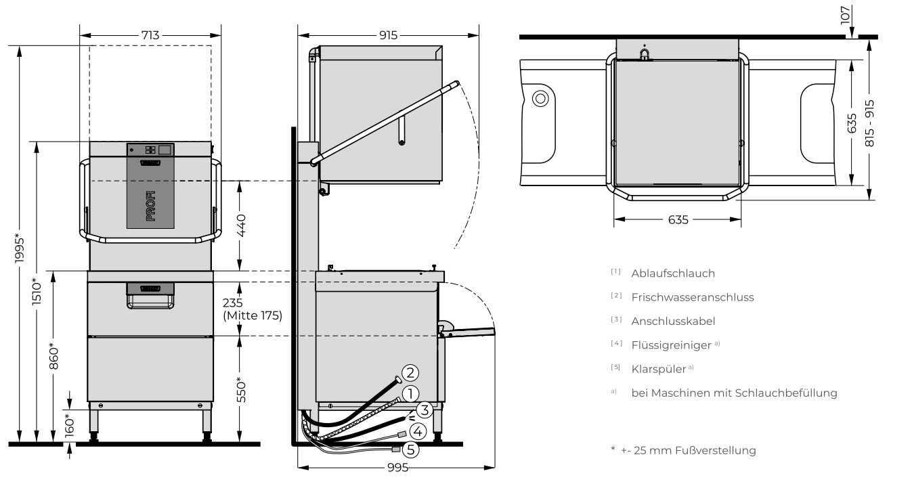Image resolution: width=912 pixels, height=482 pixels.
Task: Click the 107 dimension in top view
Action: point(845,15)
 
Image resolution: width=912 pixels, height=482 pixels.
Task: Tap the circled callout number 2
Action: point(410,372)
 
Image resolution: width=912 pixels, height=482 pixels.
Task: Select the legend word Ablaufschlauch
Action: point(672,273)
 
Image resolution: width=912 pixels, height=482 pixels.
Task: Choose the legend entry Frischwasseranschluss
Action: point(692,297)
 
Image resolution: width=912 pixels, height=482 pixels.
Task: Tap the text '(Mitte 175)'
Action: point(252,315)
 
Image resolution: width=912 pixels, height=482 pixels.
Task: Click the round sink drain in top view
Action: point(540,99)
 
